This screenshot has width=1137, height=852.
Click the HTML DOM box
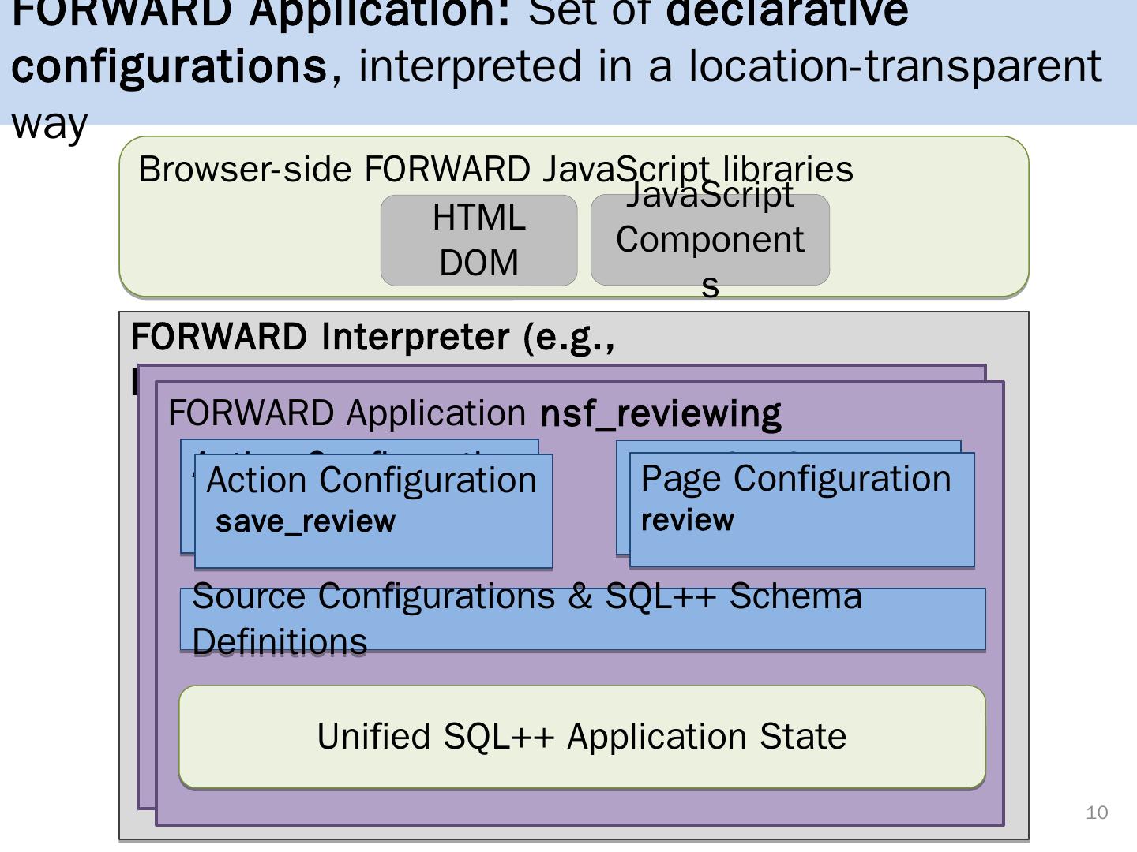coord(478,240)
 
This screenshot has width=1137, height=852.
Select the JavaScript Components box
coord(710,240)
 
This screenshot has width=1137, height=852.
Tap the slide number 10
coord(1097,813)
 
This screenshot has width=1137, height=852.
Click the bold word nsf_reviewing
coord(661,413)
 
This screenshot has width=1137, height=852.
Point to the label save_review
coord(305,522)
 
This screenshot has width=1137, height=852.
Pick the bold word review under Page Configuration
coord(687,521)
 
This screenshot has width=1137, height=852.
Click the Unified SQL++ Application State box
coord(582,737)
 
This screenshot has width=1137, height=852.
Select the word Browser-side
coord(245,170)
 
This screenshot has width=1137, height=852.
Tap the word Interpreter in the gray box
coord(415,337)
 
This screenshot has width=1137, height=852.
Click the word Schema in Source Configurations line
coord(795,596)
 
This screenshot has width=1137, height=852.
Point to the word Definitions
coord(280,642)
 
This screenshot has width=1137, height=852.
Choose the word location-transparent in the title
coord(895,65)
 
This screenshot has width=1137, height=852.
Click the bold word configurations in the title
coord(169,65)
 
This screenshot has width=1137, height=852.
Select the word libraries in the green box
coord(787,170)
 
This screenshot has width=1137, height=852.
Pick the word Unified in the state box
coord(374,737)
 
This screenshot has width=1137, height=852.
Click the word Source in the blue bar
coord(249,596)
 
